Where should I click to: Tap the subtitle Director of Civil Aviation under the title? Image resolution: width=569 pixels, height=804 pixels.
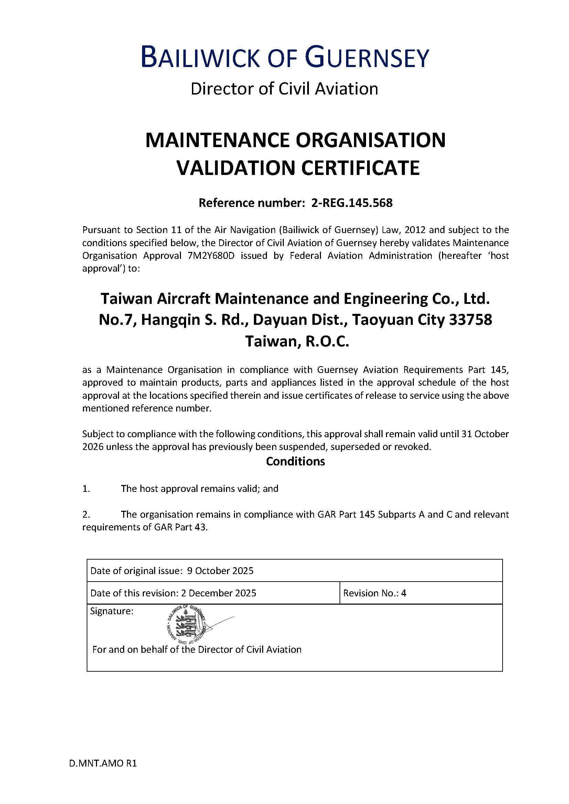[284, 89]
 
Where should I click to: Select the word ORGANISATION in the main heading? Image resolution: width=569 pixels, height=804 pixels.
[371, 141]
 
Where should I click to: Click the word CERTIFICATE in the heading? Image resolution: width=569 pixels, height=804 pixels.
[361, 168]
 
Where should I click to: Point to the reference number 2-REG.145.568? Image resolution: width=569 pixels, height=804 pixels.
[352, 203]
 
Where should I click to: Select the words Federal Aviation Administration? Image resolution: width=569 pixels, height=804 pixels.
[361, 256]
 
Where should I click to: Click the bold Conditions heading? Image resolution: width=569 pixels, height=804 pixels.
[296, 461]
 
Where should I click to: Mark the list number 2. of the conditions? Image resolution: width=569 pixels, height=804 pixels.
[86, 515]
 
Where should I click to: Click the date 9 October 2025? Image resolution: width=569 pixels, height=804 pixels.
[220, 571]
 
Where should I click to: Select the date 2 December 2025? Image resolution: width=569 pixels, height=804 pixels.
[219, 593]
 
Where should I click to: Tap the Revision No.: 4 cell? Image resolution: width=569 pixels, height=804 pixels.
[375, 593]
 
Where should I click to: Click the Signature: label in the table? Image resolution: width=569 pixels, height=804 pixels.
[112, 612]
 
